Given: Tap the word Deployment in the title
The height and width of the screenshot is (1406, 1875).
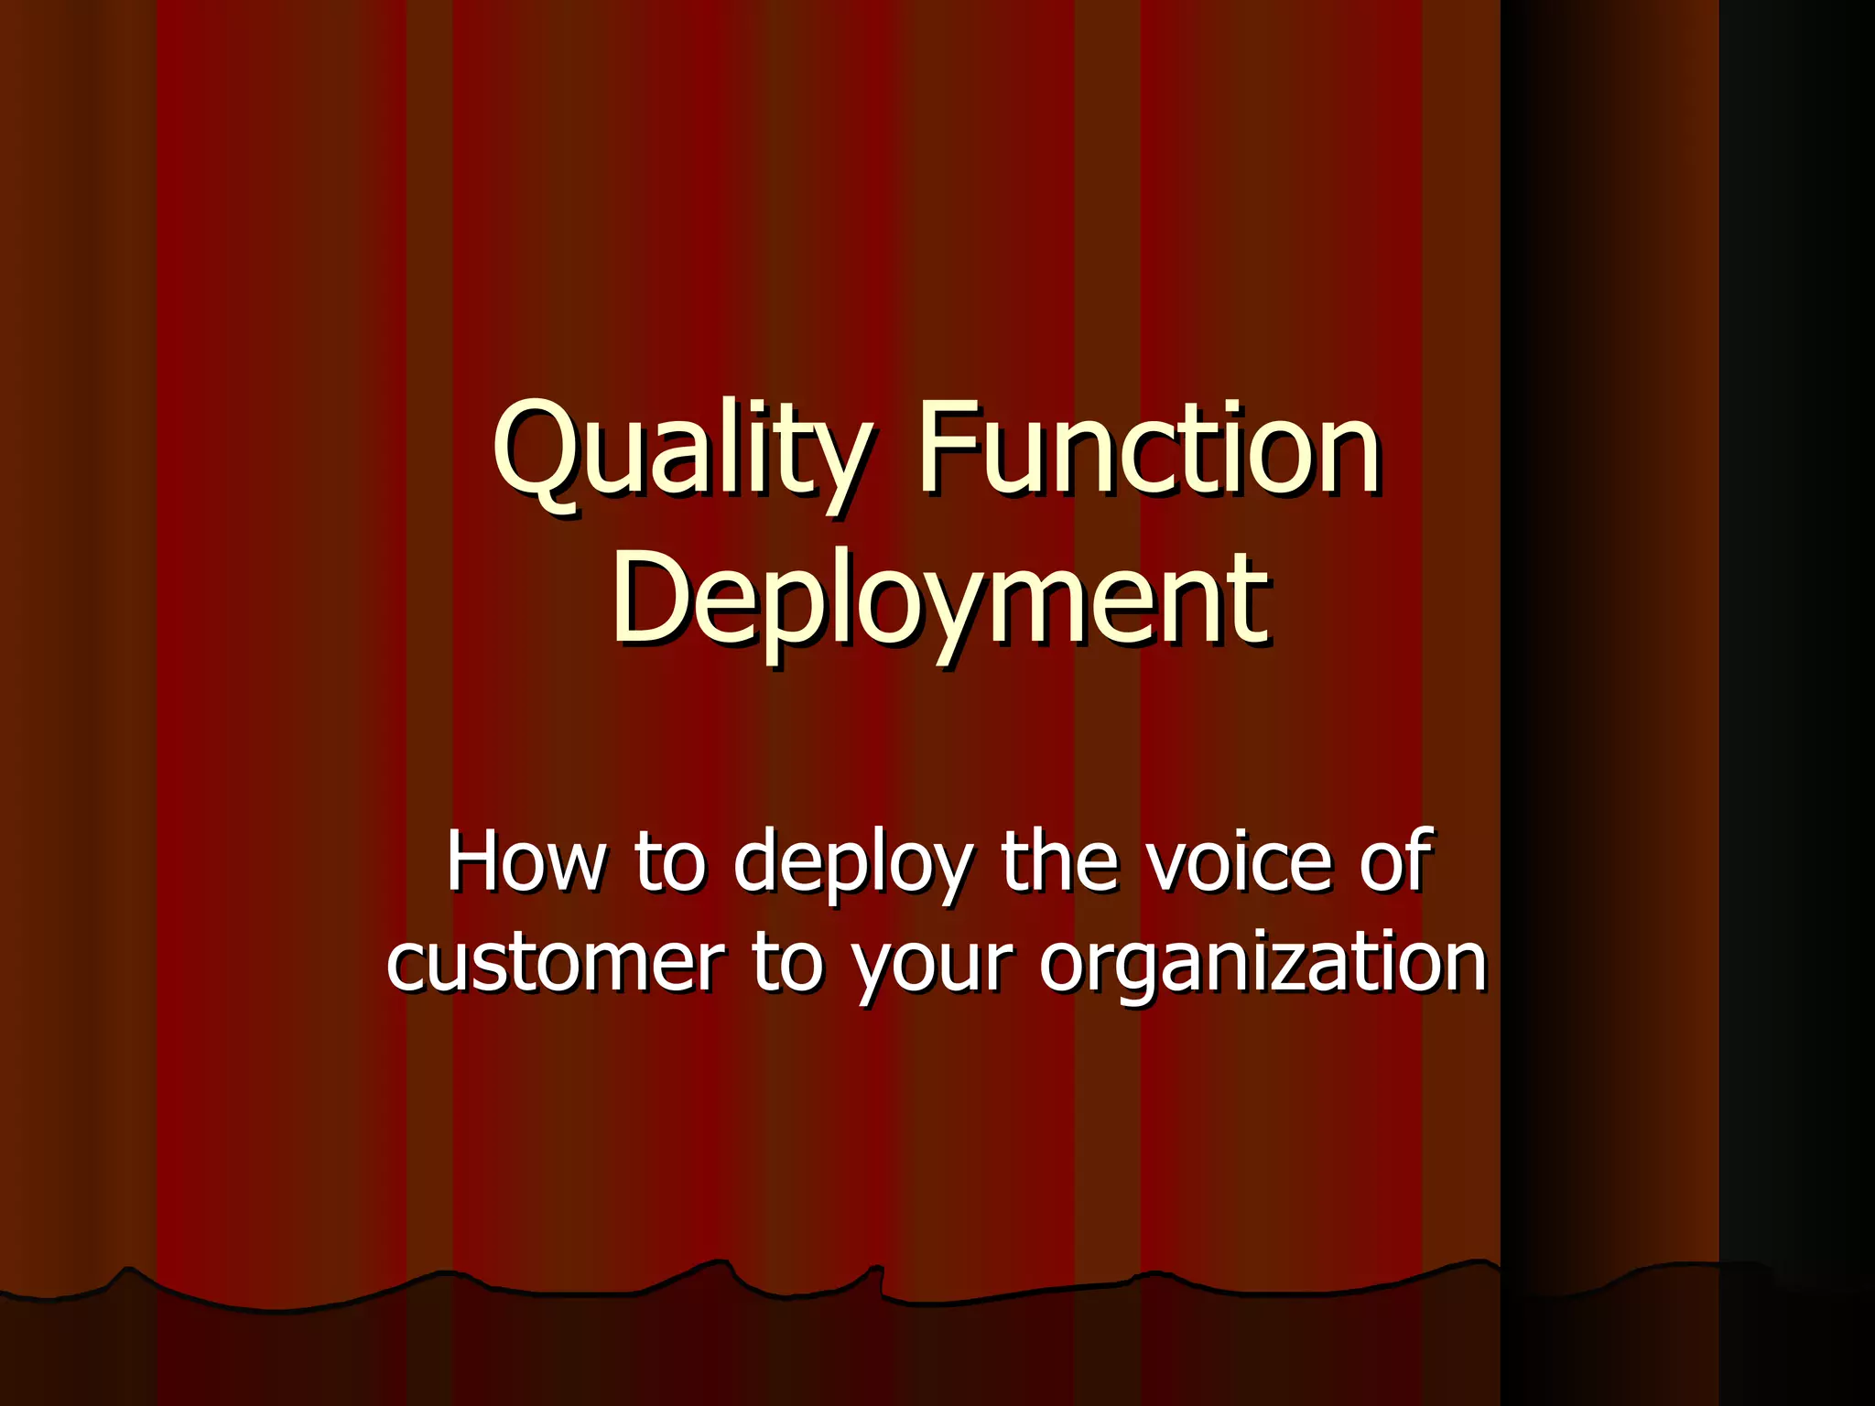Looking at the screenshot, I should tap(940, 600).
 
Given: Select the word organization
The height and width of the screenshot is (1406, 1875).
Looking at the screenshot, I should tap(1263, 966).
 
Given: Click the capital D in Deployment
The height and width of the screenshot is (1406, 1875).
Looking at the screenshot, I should tap(648, 599).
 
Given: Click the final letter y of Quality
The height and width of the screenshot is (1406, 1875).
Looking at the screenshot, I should tap(840, 462).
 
